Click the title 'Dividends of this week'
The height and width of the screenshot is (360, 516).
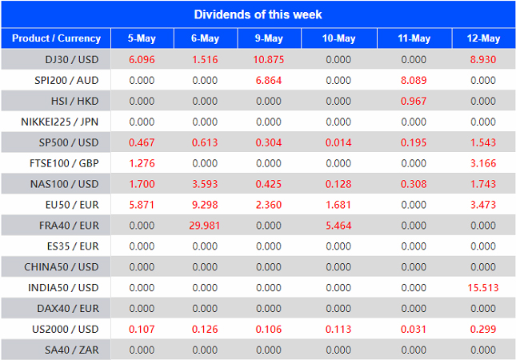point(258,14)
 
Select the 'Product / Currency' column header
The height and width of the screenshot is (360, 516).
point(56,38)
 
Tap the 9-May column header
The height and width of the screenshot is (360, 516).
point(270,38)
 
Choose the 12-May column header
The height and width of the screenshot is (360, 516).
point(483,38)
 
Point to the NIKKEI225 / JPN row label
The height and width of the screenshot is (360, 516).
point(62,122)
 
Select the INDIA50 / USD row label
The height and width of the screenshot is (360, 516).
point(66,287)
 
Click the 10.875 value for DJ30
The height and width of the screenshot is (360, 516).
point(270,60)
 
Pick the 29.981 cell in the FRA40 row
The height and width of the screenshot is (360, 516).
point(206,226)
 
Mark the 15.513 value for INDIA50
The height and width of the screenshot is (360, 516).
point(483,287)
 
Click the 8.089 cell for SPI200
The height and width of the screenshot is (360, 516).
point(414,81)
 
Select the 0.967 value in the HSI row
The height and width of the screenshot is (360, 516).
point(414,102)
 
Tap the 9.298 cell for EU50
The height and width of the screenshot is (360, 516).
point(206,205)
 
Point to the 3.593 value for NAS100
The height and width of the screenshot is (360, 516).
point(206,184)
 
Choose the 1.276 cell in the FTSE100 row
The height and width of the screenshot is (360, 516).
point(142,163)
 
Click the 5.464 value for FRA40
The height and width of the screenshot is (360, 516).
point(338,226)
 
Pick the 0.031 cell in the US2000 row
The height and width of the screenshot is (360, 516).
point(414,329)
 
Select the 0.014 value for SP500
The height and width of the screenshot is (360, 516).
point(338,142)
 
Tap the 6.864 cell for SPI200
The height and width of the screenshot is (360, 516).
point(270,81)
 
